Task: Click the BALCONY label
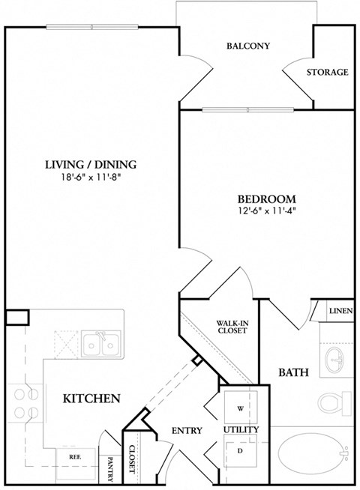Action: click(247, 46)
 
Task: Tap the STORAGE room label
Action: click(328, 73)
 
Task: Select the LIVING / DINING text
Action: click(91, 165)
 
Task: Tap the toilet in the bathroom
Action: click(332, 405)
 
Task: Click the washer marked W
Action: click(240, 408)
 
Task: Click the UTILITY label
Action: click(240, 429)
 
